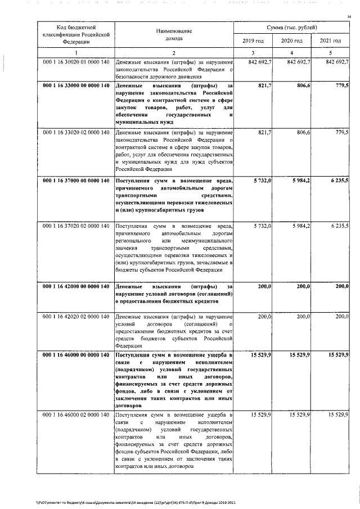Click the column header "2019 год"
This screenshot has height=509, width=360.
click(253, 41)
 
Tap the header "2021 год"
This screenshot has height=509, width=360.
click(330, 41)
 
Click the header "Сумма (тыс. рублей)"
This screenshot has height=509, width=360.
click(291, 27)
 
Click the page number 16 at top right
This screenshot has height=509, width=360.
click(349, 17)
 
